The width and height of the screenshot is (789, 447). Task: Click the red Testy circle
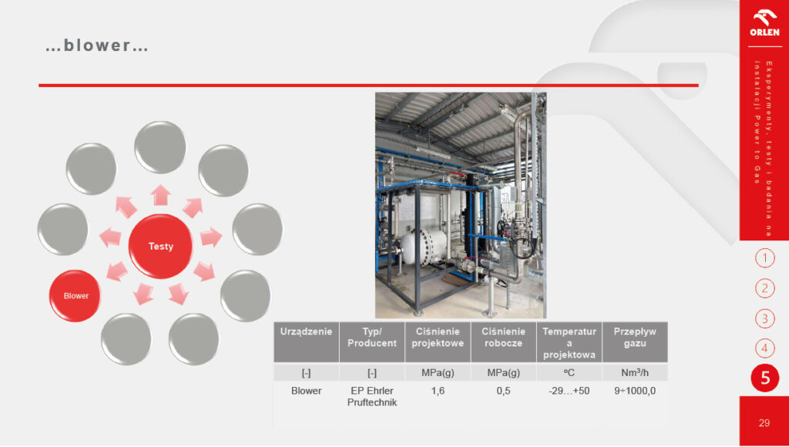tap(160, 246)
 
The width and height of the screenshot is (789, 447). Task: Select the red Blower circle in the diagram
tap(75, 296)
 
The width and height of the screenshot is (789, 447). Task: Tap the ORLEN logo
tap(764, 24)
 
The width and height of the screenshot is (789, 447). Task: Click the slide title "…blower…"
tap(96, 45)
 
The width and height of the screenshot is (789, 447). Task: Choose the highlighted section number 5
tap(765, 378)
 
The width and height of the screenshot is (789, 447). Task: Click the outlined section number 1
tap(765, 259)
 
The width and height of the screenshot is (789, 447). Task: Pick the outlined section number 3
tap(765, 318)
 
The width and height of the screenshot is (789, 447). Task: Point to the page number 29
tap(764, 423)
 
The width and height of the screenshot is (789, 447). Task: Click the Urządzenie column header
tap(307, 341)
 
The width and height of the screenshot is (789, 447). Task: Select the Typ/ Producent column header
tap(372, 341)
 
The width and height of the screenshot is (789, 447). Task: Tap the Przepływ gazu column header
tap(635, 341)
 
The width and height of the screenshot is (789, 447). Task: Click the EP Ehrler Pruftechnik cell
tap(372, 397)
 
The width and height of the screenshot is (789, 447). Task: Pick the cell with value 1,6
tap(438, 392)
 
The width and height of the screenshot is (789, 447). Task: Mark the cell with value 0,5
tap(504, 392)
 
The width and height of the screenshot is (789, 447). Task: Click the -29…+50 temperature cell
tap(569, 392)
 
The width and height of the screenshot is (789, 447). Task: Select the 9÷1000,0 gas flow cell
tap(635, 392)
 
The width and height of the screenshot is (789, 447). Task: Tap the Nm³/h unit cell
tap(635, 373)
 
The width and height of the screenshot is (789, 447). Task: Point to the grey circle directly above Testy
tap(160, 147)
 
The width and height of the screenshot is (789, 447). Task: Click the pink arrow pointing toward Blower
tap(117, 271)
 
